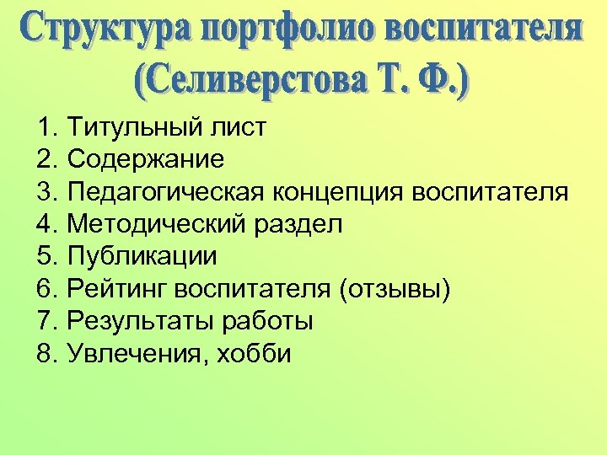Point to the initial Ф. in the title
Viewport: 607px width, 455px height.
(x=443, y=80)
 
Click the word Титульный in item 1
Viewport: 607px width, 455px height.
(x=131, y=128)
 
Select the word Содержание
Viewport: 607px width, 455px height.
(x=146, y=160)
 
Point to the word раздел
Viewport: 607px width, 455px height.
(x=296, y=225)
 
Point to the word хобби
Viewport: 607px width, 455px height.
(x=257, y=354)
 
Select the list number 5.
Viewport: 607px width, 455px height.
(x=46, y=257)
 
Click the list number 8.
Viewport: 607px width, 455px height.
(x=46, y=354)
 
